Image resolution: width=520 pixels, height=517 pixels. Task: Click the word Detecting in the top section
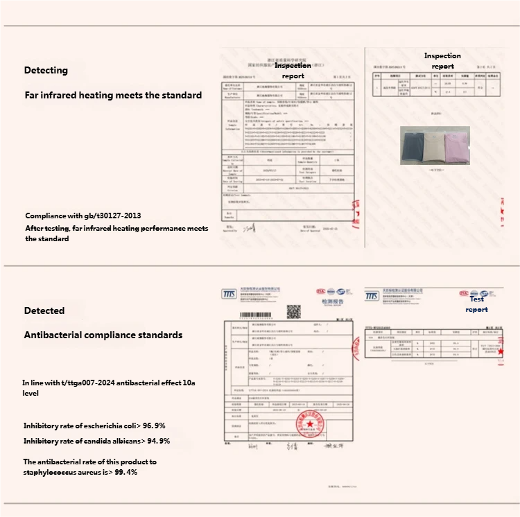(46, 70)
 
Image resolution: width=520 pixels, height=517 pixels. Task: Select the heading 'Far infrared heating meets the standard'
(113, 95)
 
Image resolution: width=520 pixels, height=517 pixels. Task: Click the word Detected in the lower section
(44, 310)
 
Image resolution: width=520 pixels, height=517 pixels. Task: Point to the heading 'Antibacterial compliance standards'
(103, 335)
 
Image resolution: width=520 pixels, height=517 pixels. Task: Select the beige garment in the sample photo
(435, 146)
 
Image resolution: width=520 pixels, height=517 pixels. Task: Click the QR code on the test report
(295, 311)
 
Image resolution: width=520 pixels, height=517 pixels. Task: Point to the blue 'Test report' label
(476, 304)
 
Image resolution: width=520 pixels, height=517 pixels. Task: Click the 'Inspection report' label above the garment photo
(442, 61)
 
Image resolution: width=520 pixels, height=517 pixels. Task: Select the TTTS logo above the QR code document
(229, 295)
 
